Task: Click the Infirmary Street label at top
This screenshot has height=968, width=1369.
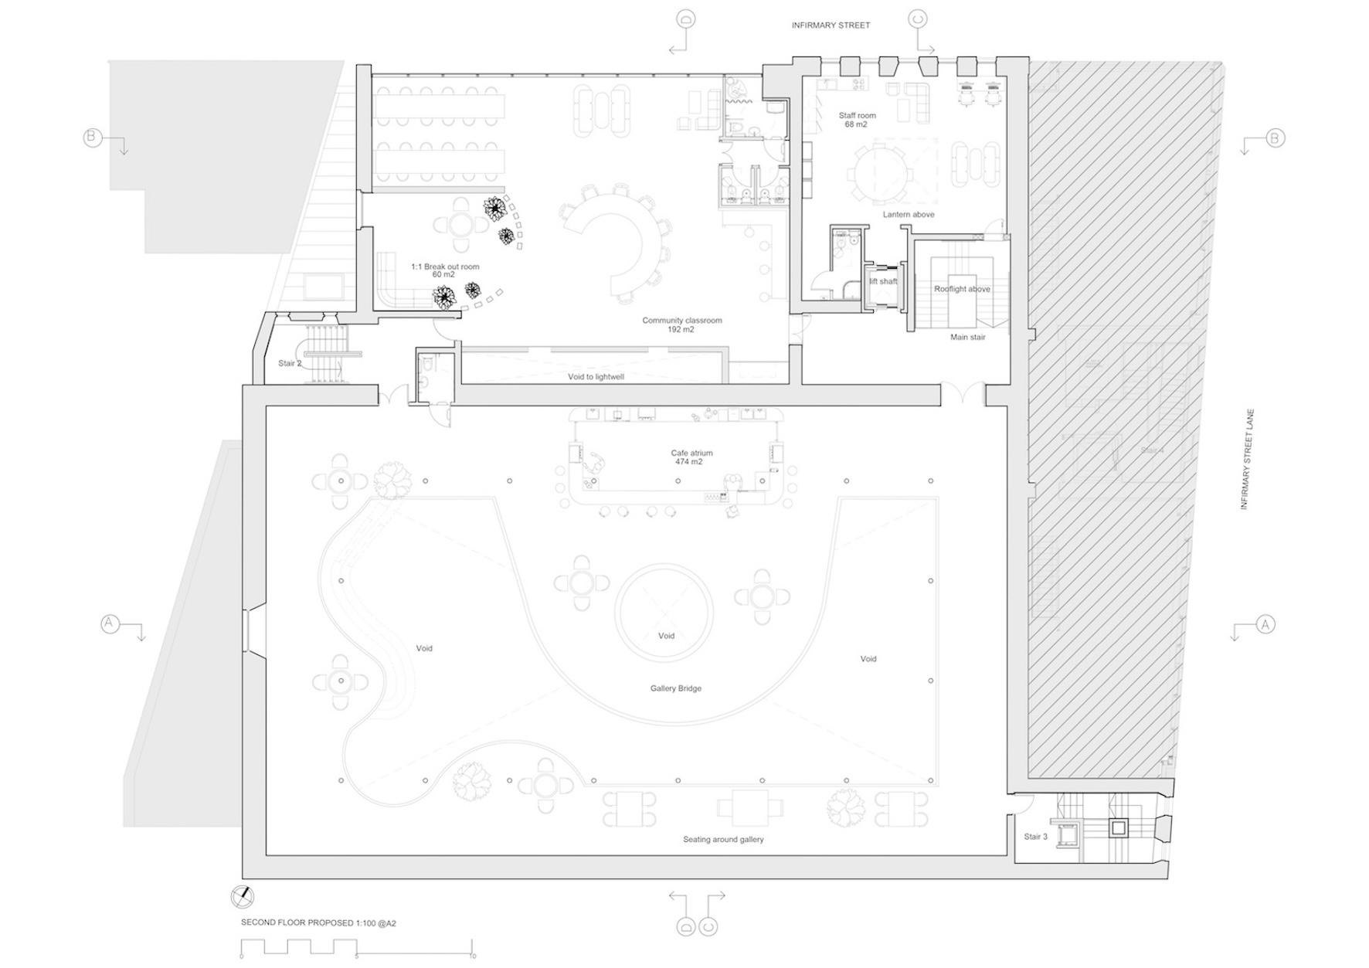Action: coord(831,25)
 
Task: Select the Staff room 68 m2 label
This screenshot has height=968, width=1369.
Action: coord(857,120)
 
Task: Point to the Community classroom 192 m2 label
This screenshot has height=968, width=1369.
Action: coord(682,324)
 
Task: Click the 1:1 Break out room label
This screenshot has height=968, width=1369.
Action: coord(444,270)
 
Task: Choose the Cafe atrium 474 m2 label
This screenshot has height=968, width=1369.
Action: coord(691,457)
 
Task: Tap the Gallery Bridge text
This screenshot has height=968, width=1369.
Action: coord(675,688)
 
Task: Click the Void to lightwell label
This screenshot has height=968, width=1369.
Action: coord(596,377)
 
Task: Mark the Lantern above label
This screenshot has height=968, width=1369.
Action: coord(909,215)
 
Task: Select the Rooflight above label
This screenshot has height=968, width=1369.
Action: coord(962,289)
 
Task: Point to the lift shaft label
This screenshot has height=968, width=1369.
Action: coord(883,282)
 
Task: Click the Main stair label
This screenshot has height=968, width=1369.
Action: coord(967,338)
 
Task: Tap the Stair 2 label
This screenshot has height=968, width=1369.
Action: coord(290,363)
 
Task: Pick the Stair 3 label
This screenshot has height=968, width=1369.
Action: coord(1035,837)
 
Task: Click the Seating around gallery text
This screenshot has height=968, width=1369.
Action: coord(723,840)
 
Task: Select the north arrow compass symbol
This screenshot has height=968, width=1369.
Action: coord(243,896)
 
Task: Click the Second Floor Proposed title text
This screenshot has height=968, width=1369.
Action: coord(318,923)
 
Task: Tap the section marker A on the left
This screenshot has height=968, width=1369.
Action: coord(110,623)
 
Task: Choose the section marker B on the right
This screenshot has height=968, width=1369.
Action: coord(1275,138)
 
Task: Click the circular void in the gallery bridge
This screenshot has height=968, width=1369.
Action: coord(664,612)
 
